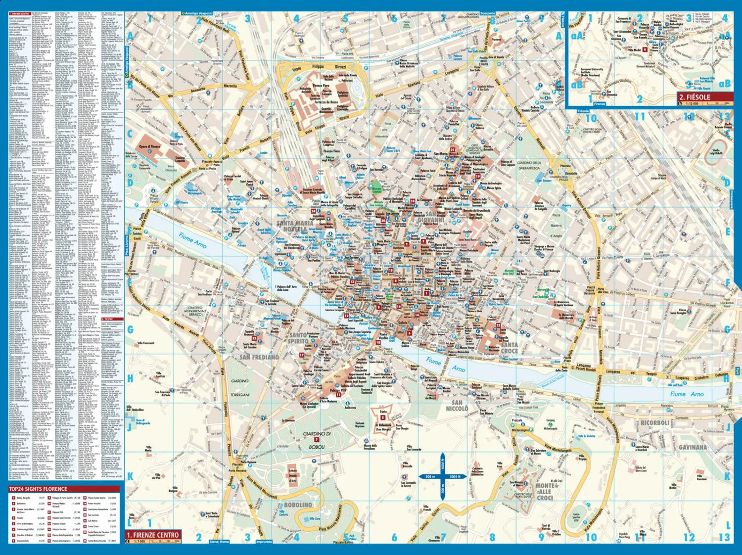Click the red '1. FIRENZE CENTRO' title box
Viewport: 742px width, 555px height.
point(153,535)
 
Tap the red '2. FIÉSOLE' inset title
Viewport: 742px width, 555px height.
point(704,97)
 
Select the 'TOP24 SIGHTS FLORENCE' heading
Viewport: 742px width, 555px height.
point(38,489)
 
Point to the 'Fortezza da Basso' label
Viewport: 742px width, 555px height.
point(327,102)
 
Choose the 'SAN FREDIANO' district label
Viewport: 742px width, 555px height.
point(259,357)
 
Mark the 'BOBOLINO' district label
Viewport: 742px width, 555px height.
point(298,505)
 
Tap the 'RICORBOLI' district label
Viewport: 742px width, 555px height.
point(654,423)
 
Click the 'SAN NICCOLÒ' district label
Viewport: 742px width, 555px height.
point(457,406)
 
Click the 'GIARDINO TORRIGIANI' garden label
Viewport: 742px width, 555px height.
point(240,388)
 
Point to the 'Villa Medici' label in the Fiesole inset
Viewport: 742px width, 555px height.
point(634,50)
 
